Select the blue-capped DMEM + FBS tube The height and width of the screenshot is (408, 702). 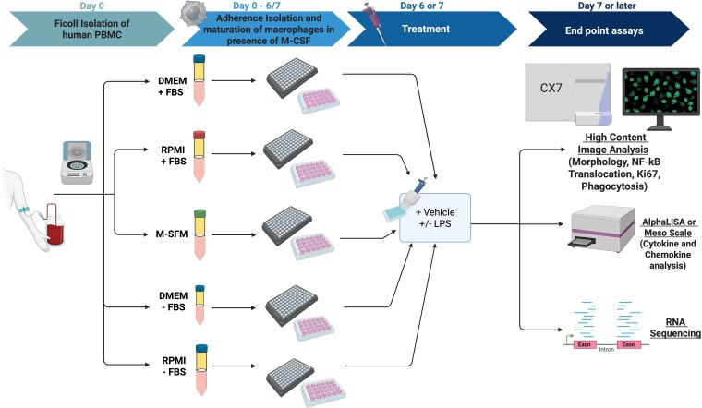click(x=198, y=80)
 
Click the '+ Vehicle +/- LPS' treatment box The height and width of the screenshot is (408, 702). click(x=435, y=221)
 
